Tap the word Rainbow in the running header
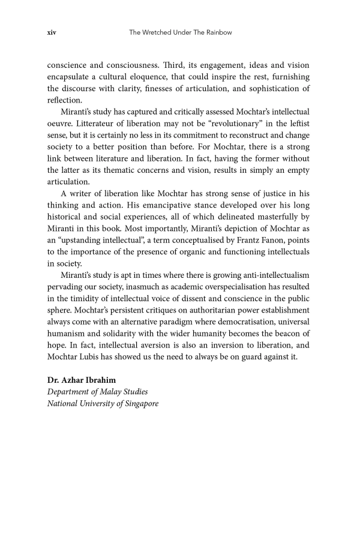tap(217, 32)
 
